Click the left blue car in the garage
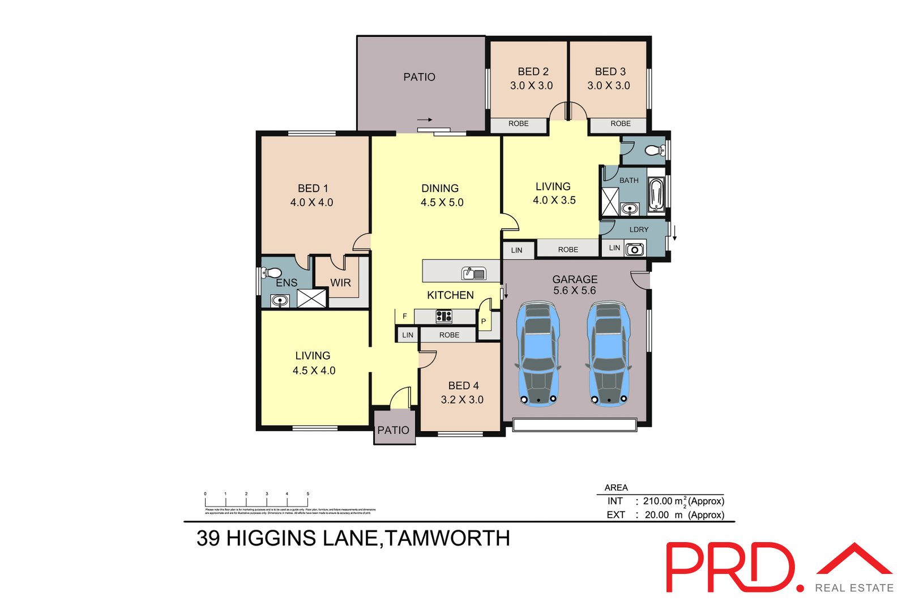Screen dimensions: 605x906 (x=538, y=355)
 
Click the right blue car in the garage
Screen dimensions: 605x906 (x=609, y=355)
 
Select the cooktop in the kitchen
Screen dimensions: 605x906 (x=444, y=317)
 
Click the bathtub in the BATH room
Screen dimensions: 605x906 (x=656, y=195)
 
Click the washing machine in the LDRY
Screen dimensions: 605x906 (x=635, y=249)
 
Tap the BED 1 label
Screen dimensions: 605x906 (x=313, y=188)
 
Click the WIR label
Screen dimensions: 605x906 (x=340, y=283)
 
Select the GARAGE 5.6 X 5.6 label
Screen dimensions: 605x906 (x=575, y=285)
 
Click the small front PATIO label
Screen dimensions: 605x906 (x=393, y=431)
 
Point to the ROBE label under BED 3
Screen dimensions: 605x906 (x=620, y=123)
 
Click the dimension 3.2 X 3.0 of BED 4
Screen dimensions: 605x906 (x=462, y=400)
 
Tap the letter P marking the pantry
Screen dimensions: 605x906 (x=484, y=321)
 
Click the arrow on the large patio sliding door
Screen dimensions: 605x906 (x=425, y=120)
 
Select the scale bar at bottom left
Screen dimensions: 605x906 (x=257, y=501)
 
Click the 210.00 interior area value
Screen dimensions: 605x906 (x=657, y=501)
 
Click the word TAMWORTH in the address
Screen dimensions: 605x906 (x=447, y=538)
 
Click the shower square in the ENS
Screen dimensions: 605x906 (x=311, y=299)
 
